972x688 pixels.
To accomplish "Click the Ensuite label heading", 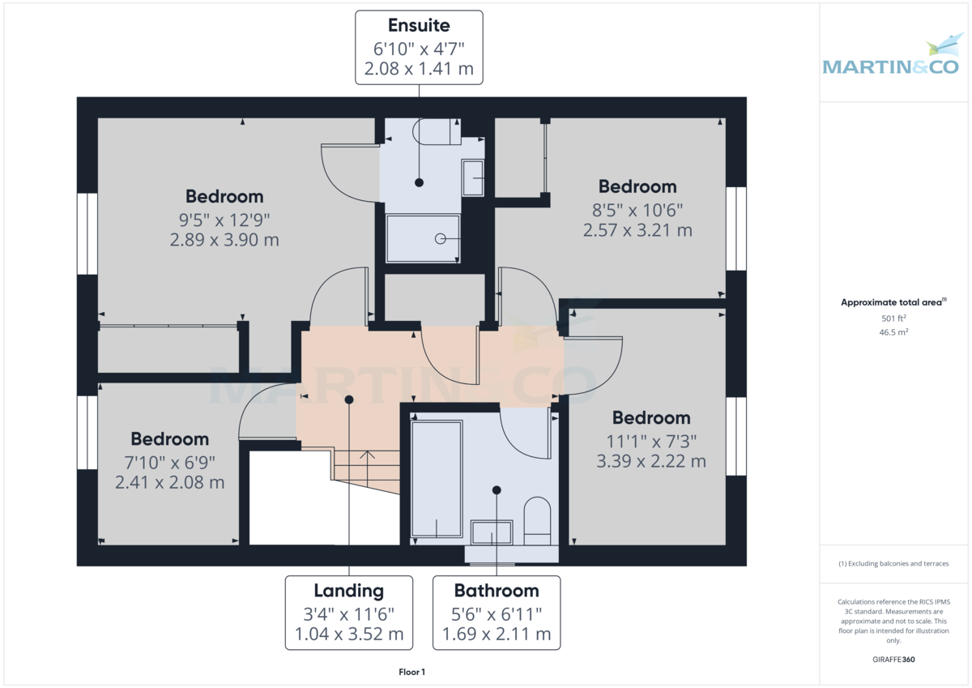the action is click(419, 26).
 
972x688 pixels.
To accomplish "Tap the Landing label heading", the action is click(349, 592).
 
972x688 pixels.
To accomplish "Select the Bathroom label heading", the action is click(497, 591).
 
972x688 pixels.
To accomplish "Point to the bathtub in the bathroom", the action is click(436, 479).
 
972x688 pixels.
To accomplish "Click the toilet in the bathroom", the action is click(537, 521).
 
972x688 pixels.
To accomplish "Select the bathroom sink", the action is click(492, 532).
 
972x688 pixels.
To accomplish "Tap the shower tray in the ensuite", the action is click(423, 238).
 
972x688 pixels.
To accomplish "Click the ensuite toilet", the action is click(436, 131).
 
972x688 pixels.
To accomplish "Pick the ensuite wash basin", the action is click(472, 178).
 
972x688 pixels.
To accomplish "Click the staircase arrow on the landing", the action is click(368, 468).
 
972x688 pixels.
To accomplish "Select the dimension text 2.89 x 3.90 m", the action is click(224, 240).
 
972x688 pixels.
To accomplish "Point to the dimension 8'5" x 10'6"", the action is click(637, 211).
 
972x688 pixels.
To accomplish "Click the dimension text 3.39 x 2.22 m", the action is click(651, 461).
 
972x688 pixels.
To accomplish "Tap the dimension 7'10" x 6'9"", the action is click(169, 463).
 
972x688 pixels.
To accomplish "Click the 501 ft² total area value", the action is click(893, 318).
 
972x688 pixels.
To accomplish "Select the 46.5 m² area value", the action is click(893, 332).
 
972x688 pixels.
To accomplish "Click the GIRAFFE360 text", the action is click(893, 660).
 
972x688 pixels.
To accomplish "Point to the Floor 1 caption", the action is click(411, 672).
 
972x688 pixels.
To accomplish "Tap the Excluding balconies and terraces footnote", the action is click(893, 563).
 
